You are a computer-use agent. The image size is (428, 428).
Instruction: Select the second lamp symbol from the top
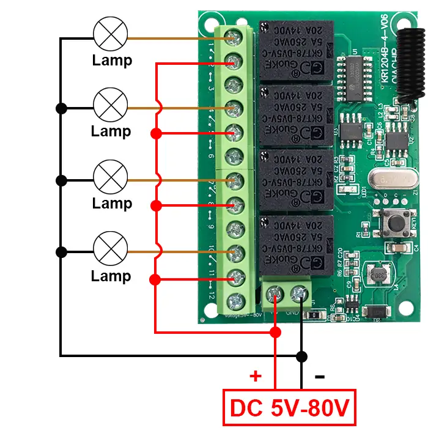(111, 105)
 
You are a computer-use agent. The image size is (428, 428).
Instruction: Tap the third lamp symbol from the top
(111, 177)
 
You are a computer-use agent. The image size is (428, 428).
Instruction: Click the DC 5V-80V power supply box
(289, 407)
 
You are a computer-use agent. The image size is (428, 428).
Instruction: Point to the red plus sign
(256, 375)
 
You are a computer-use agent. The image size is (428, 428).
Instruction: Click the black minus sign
(319, 376)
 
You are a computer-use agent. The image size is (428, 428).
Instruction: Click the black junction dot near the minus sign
(301, 355)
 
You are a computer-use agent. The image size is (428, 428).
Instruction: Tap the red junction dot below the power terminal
(275, 332)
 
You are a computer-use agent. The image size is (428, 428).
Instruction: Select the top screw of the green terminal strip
(233, 37)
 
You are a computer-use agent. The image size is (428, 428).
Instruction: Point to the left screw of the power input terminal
(276, 295)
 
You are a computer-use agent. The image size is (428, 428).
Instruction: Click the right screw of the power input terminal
(299, 295)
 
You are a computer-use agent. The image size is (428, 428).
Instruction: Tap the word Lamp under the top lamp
(112, 61)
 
